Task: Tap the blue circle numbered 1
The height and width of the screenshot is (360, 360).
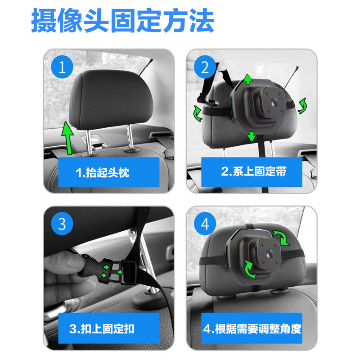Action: pos(62,67)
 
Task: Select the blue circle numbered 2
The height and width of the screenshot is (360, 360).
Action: pos(205,67)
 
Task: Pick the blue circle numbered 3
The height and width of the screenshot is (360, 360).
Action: pos(62,224)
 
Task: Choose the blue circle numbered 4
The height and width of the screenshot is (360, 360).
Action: pos(205,224)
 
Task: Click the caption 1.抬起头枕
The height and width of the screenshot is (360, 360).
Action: pos(103,172)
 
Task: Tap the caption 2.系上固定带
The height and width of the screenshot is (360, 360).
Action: pos(254,171)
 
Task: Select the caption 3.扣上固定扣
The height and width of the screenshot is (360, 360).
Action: pos(102,329)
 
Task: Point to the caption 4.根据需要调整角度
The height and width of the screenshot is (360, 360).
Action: pos(252,329)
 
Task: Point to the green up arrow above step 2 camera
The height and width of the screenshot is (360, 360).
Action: pos(248,79)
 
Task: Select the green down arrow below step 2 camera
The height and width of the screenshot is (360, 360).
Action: pos(252,137)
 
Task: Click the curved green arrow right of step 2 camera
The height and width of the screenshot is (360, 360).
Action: pos(302,106)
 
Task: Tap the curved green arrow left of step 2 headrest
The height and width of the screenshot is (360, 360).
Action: pos(198,113)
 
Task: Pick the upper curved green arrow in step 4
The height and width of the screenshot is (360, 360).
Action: pos(282,238)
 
